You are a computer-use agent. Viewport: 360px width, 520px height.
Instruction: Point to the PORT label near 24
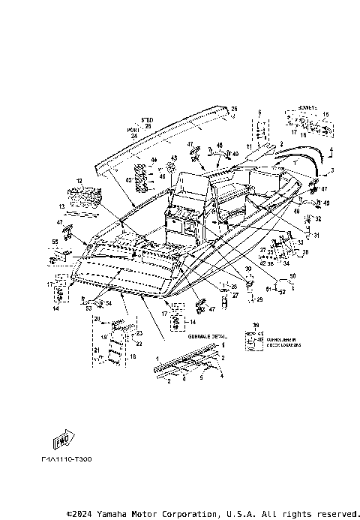tap(132, 130)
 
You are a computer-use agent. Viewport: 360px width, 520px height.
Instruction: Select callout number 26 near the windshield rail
tap(233, 109)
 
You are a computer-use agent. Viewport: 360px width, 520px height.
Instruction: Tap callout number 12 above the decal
tap(78, 182)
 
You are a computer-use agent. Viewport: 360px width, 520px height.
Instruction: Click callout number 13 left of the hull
tap(63, 206)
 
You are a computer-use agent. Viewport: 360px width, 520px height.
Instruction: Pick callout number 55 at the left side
tap(54, 242)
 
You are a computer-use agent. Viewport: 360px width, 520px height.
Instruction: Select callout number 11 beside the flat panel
tap(249, 146)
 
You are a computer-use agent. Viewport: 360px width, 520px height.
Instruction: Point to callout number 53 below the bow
tap(88, 308)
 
